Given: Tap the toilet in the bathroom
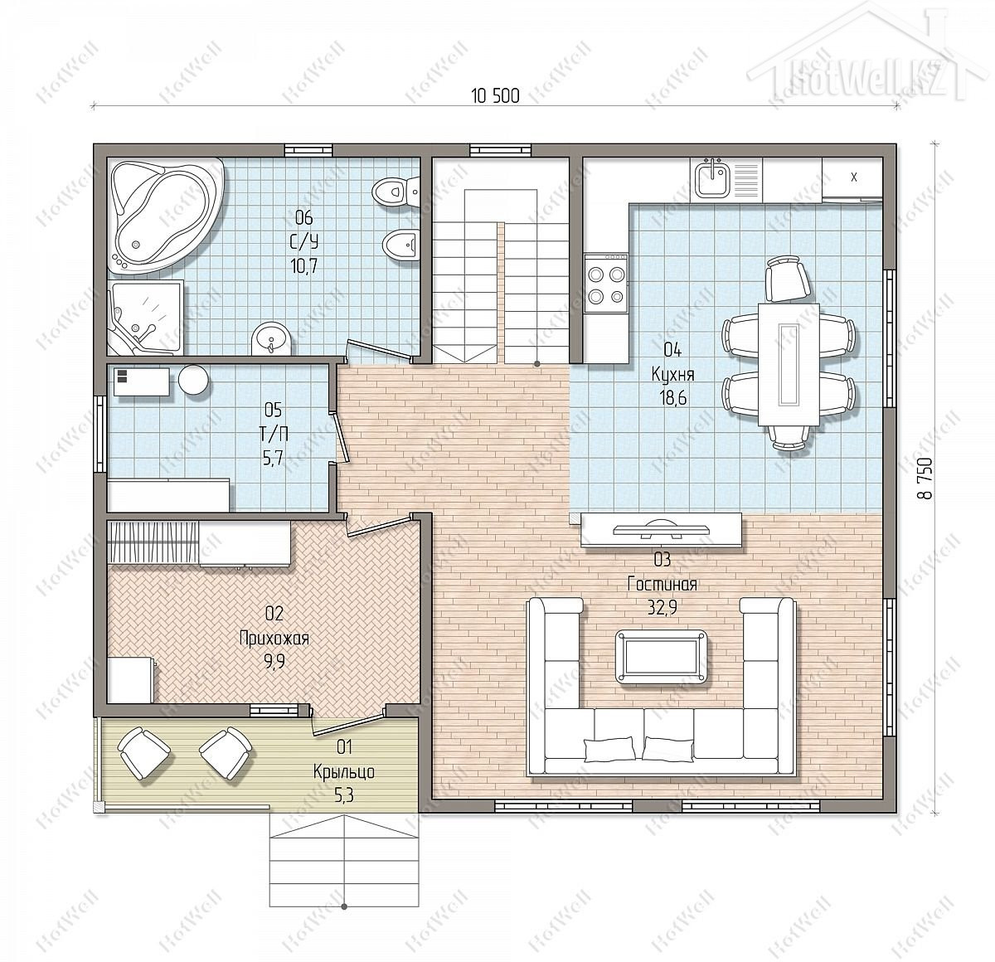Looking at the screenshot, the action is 396,192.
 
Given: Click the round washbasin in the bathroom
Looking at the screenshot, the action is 271,338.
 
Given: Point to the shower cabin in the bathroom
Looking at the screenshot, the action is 145,318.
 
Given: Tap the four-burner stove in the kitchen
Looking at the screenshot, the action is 606,284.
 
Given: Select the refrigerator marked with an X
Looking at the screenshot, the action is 852,178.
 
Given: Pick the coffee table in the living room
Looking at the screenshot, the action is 663,657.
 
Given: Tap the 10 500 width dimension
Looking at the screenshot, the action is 495,96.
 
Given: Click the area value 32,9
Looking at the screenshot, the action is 663,607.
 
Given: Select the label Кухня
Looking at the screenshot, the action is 673,374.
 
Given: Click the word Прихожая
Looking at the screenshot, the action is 274,639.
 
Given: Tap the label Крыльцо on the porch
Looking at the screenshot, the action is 344,771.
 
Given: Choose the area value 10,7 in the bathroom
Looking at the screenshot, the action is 303,265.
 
